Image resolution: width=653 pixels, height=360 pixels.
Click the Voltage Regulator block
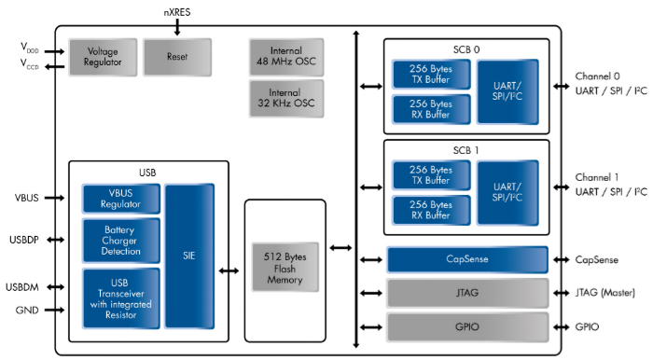pyautogui.click(x=102, y=56)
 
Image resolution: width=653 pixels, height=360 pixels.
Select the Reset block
pyautogui.click(x=176, y=56)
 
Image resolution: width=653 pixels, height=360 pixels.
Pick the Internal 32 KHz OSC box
pyautogui.click(x=286, y=98)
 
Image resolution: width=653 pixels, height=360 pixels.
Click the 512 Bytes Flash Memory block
pyautogui.click(x=285, y=268)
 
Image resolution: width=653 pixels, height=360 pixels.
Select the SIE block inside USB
pyautogui.click(x=190, y=256)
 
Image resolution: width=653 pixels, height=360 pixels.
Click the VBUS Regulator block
pyautogui.click(x=121, y=198)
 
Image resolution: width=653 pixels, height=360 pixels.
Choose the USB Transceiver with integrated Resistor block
pyautogui.click(x=121, y=298)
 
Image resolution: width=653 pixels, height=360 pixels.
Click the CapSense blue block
pyautogui.click(x=466, y=259)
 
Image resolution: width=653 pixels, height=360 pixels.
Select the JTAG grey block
pyautogui.click(x=466, y=294)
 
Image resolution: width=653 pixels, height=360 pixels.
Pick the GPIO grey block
pyautogui.click(x=466, y=327)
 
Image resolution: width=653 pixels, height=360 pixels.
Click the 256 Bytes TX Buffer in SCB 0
pyautogui.click(x=431, y=75)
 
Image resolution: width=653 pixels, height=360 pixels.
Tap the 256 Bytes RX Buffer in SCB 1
pyautogui.click(x=431, y=209)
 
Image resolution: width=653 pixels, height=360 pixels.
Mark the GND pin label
pyautogui.click(x=26, y=310)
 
